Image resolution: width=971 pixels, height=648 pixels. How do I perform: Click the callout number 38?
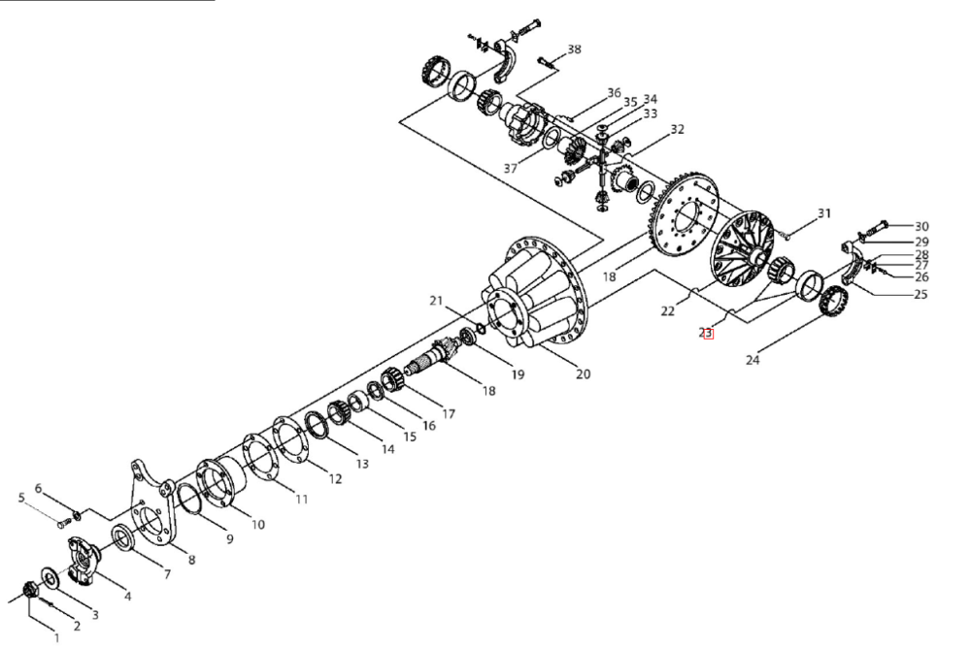tap(574, 49)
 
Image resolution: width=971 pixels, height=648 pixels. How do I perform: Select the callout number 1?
tap(57, 638)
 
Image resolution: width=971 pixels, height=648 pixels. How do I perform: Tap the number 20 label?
tap(583, 373)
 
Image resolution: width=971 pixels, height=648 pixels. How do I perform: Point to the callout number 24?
tap(753, 360)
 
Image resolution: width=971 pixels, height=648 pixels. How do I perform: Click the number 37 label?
tap(511, 168)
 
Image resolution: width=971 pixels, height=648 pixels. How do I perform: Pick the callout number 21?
tap(437, 301)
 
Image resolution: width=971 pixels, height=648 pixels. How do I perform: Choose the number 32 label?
tap(678, 129)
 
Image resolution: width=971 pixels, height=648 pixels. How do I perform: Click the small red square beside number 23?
tap(709, 335)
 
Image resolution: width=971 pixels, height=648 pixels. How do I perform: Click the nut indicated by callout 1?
tap(29, 589)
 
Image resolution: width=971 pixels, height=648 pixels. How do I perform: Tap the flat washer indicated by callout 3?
tap(50, 577)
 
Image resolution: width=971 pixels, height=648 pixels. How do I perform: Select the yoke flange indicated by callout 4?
tap(83, 560)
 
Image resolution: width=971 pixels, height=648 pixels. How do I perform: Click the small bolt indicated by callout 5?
tap(64, 524)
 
